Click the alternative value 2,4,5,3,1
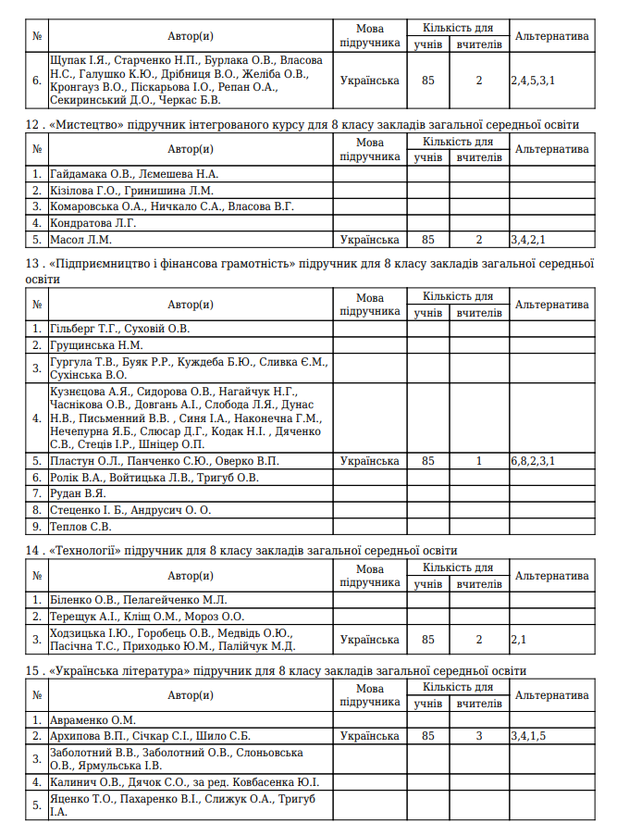tap(533, 81)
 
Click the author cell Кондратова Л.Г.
tap(93, 223)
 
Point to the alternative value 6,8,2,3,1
tap(533, 460)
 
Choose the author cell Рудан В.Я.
tap(79, 493)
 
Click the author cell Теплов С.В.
tap(81, 527)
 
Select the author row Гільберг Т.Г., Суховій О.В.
tap(119, 328)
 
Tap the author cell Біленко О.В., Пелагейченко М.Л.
tap(138, 599)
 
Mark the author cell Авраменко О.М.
tap(93, 719)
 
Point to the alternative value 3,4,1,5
tap(529, 736)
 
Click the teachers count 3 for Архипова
tap(479, 736)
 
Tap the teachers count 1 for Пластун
tap(479, 460)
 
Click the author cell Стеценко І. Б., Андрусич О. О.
tap(130, 510)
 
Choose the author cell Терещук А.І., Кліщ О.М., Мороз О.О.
tap(146, 616)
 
